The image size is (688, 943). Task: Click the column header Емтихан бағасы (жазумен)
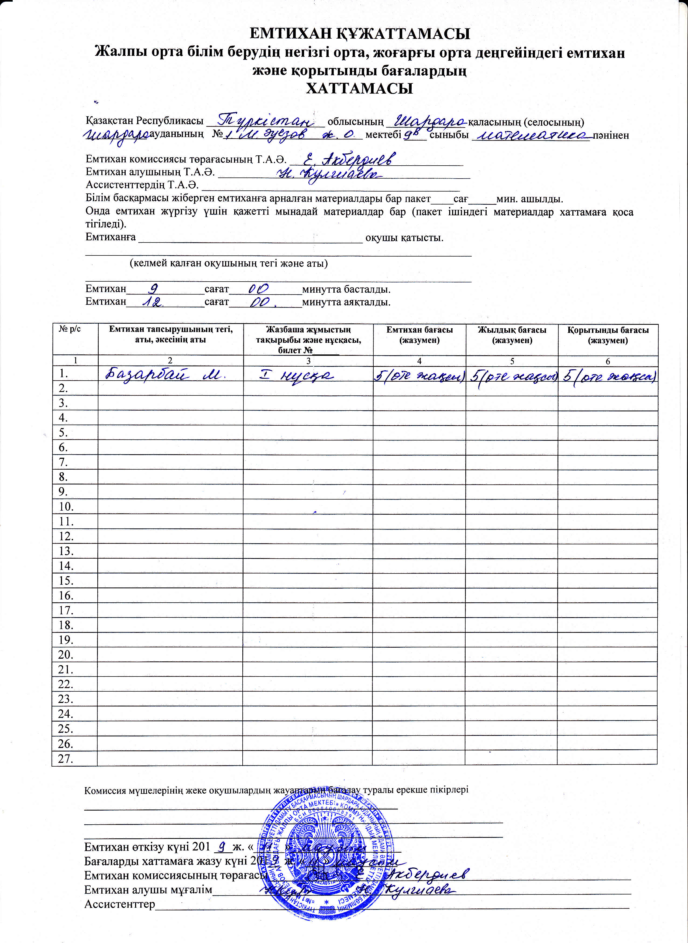click(x=419, y=335)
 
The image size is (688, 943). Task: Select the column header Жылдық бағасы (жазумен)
click(x=512, y=335)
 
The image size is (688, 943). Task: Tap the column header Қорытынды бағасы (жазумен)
click(x=608, y=335)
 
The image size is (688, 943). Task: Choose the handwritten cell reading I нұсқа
click(x=297, y=375)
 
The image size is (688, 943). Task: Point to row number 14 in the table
click(x=66, y=566)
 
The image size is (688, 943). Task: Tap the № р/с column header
click(x=70, y=329)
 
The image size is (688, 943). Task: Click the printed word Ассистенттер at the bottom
click(x=119, y=904)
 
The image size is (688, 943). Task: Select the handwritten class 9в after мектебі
click(x=411, y=134)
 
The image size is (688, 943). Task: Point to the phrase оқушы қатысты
click(x=404, y=238)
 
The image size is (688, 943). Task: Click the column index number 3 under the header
click(x=308, y=361)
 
